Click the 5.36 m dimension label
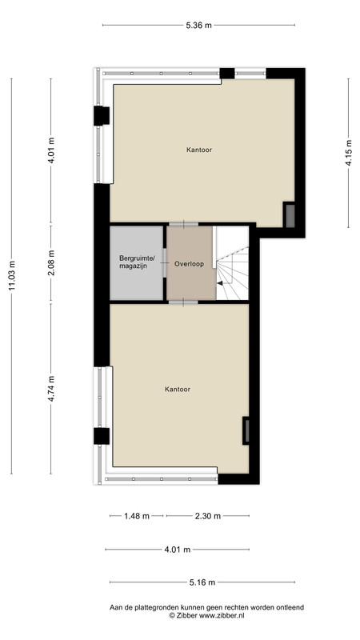click(198, 26)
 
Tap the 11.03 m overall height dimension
click(11, 276)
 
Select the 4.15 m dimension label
click(348, 153)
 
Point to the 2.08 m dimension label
click(51, 262)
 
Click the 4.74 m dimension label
click(51, 389)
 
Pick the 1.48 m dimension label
click(137, 516)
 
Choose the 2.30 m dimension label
click(208, 516)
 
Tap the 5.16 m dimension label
click(202, 582)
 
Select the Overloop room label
click(190, 264)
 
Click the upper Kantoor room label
click(199, 150)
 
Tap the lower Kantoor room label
click(178, 390)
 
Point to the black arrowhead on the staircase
click(219, 283)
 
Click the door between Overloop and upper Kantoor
click(184, 224)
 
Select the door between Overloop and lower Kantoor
click(183, 302)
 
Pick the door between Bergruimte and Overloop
click(165, 263)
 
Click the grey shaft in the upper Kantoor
click(290, 215)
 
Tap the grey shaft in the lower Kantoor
click(246, 430)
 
